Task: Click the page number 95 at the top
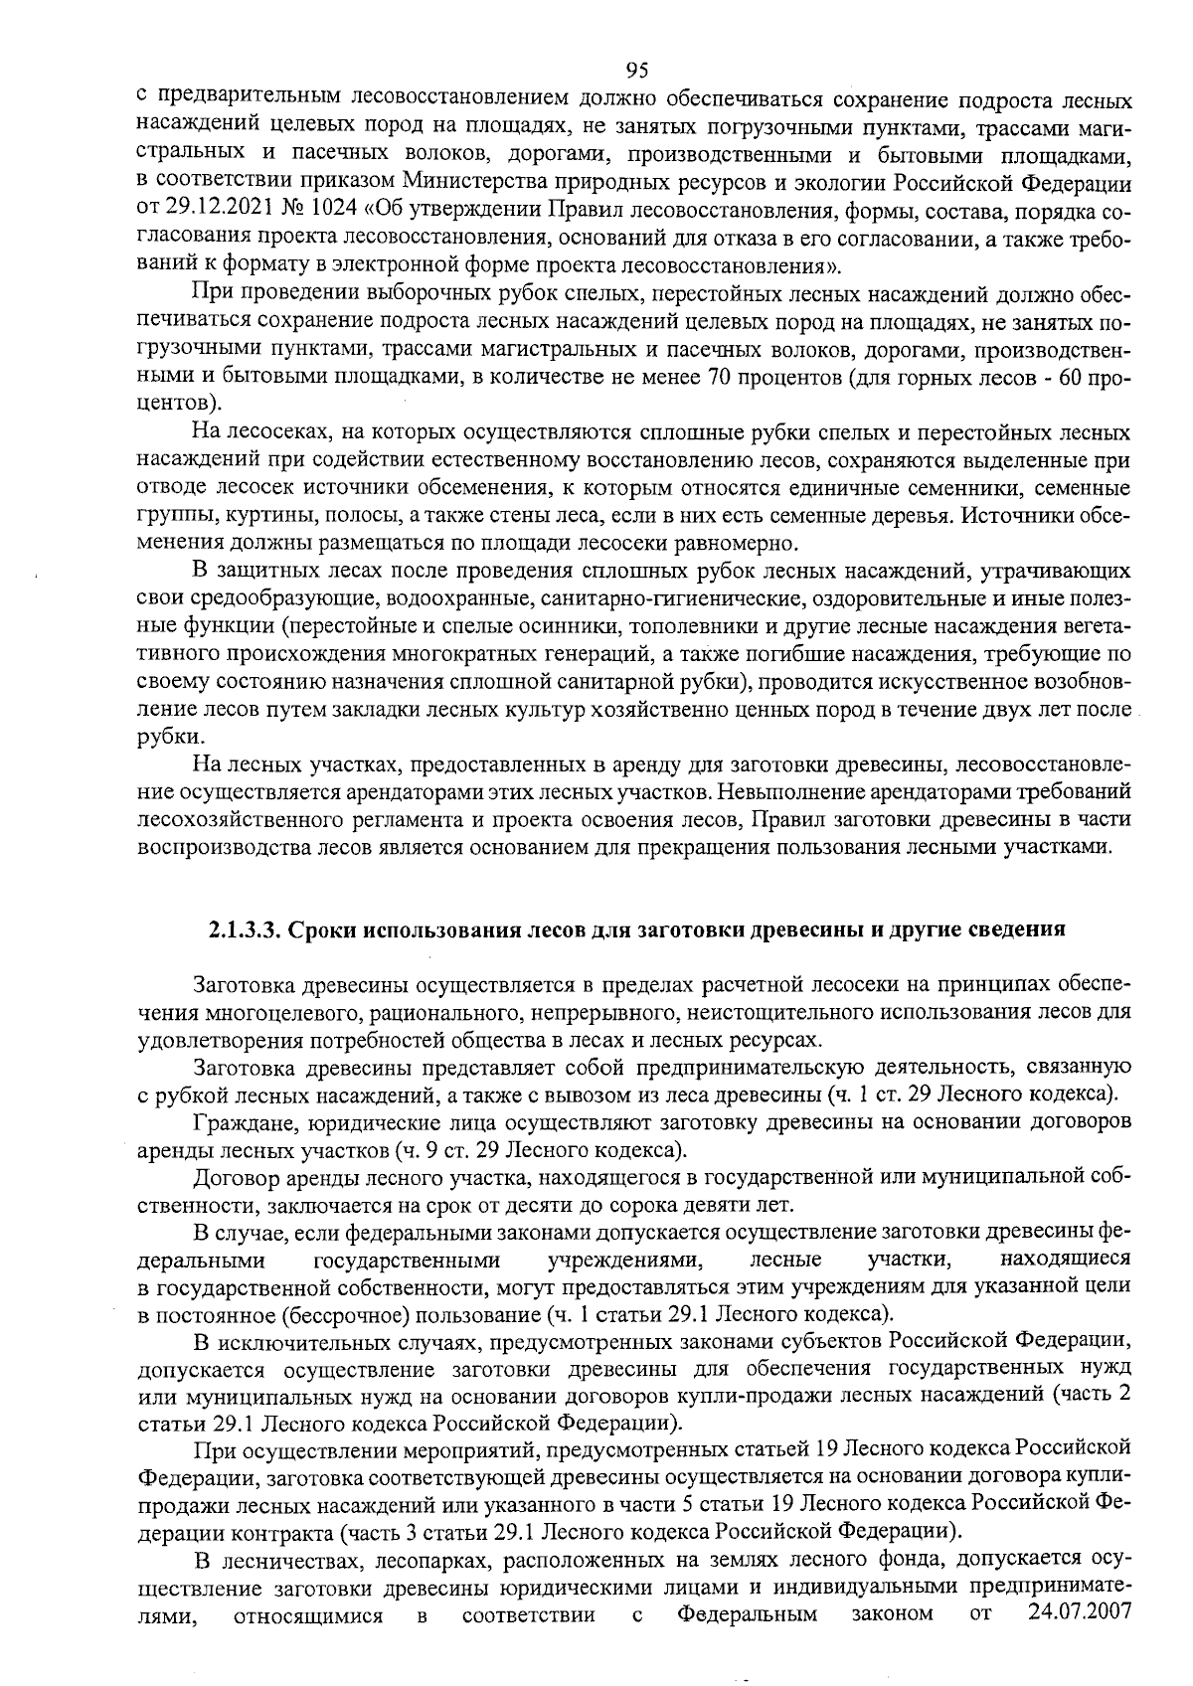point(637,70)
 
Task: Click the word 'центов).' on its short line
point(179,405)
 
